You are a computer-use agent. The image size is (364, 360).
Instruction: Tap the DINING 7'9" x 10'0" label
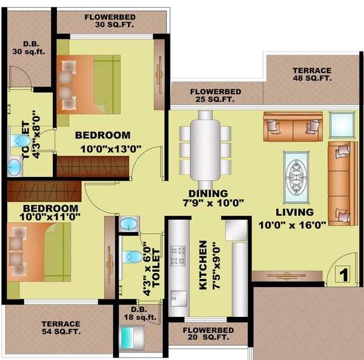click(208, 198)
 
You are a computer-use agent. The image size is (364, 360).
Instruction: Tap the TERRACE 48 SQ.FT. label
click(312, 74)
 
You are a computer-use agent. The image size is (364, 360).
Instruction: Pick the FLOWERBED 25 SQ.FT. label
click(216, 95)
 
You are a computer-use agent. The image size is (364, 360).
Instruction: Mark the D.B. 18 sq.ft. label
click(140, 314)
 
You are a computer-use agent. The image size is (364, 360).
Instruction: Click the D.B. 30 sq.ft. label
click(29, 47)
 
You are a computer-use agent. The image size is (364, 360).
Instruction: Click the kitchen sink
click(178, 296)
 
